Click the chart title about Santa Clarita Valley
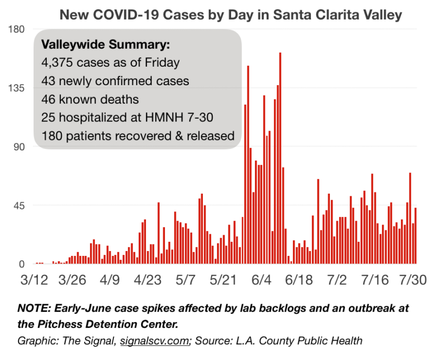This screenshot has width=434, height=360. tap(231, 15)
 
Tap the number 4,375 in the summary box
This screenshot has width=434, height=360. tap(56, 62)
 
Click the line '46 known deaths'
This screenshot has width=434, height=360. tap(90, 99)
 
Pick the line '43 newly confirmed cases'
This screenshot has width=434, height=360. tap(115, 81)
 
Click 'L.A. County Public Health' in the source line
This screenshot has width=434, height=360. tap(304, 340)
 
